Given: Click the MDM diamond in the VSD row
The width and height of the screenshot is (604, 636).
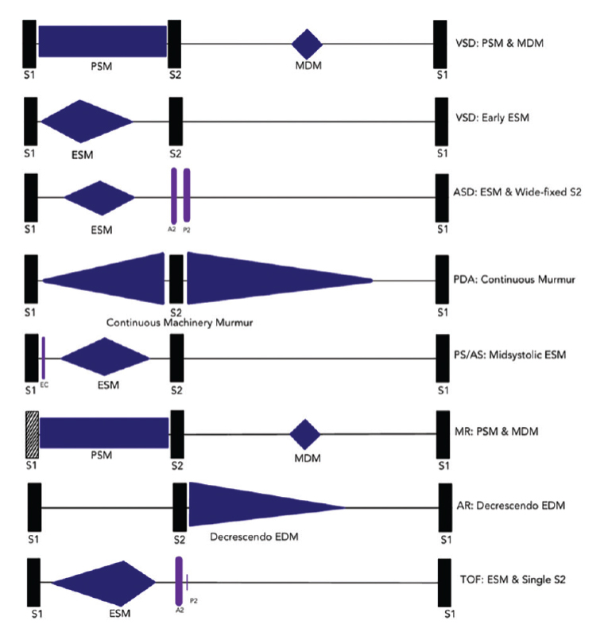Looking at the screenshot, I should click(x=307, y=44).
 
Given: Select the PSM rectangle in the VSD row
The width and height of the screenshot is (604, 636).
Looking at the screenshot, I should click(x=103, y=41).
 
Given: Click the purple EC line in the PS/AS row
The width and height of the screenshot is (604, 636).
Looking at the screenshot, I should click(x=44, y=358).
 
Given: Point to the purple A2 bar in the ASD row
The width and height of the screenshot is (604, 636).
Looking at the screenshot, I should click(x=173, y=196).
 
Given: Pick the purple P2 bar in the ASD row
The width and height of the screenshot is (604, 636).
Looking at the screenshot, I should click(x=187, y=196).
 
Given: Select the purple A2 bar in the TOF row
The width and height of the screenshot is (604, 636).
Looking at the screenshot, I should click(x=179, y=583).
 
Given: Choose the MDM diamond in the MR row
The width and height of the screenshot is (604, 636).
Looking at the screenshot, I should click(x=304, y=434).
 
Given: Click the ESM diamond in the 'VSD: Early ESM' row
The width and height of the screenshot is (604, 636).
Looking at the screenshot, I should click(x=85, y=122).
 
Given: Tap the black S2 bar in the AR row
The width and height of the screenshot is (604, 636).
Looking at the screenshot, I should click(x=180, y=506).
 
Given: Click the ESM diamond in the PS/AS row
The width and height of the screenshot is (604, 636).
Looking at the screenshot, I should click(x=104, y=357).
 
